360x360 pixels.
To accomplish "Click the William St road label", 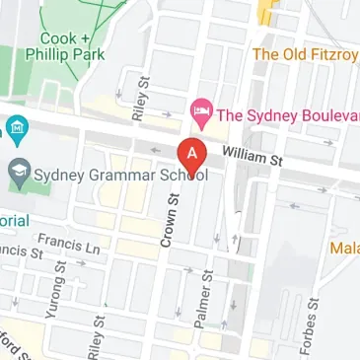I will tap(252, 154).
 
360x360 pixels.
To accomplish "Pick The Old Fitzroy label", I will tap(306, 53).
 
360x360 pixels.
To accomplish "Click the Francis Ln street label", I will tap(69, 243).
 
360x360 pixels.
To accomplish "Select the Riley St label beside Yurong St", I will tap(95, 338).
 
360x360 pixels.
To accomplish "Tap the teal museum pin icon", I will tap(16, 129).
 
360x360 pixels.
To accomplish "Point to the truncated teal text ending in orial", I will tap(15, 220).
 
